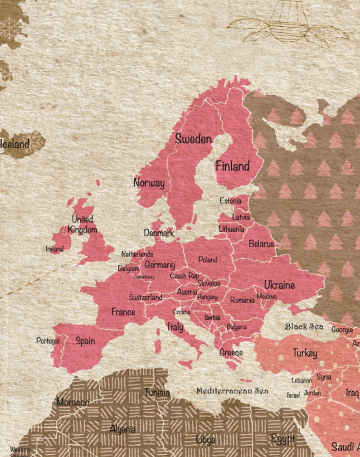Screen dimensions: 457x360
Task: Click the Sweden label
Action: (193, 139)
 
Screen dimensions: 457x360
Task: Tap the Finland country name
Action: (232, 166)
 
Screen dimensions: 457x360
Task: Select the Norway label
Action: (149, 183)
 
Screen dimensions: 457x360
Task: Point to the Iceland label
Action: (15, 145)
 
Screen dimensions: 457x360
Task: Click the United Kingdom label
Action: (83, 224)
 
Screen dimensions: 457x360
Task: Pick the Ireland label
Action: (54, 249)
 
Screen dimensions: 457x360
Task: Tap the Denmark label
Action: (159, 233)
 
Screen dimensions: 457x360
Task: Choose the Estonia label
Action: (230, 200)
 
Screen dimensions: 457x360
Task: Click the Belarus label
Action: (261, 244)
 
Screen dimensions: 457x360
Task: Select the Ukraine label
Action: (279, 285)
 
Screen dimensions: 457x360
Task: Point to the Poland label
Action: (208, 260)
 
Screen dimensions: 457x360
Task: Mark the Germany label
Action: (160, 265)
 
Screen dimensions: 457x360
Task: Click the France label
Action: (123, 312)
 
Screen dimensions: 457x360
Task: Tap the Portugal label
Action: (48, 340)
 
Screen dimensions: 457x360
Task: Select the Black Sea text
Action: (304, 326)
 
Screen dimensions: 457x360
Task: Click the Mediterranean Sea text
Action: (232, 391)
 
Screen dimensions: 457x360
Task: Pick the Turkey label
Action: (305, 353)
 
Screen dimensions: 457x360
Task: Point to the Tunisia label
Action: (157, 393)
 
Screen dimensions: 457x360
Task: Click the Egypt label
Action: (282, 439)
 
